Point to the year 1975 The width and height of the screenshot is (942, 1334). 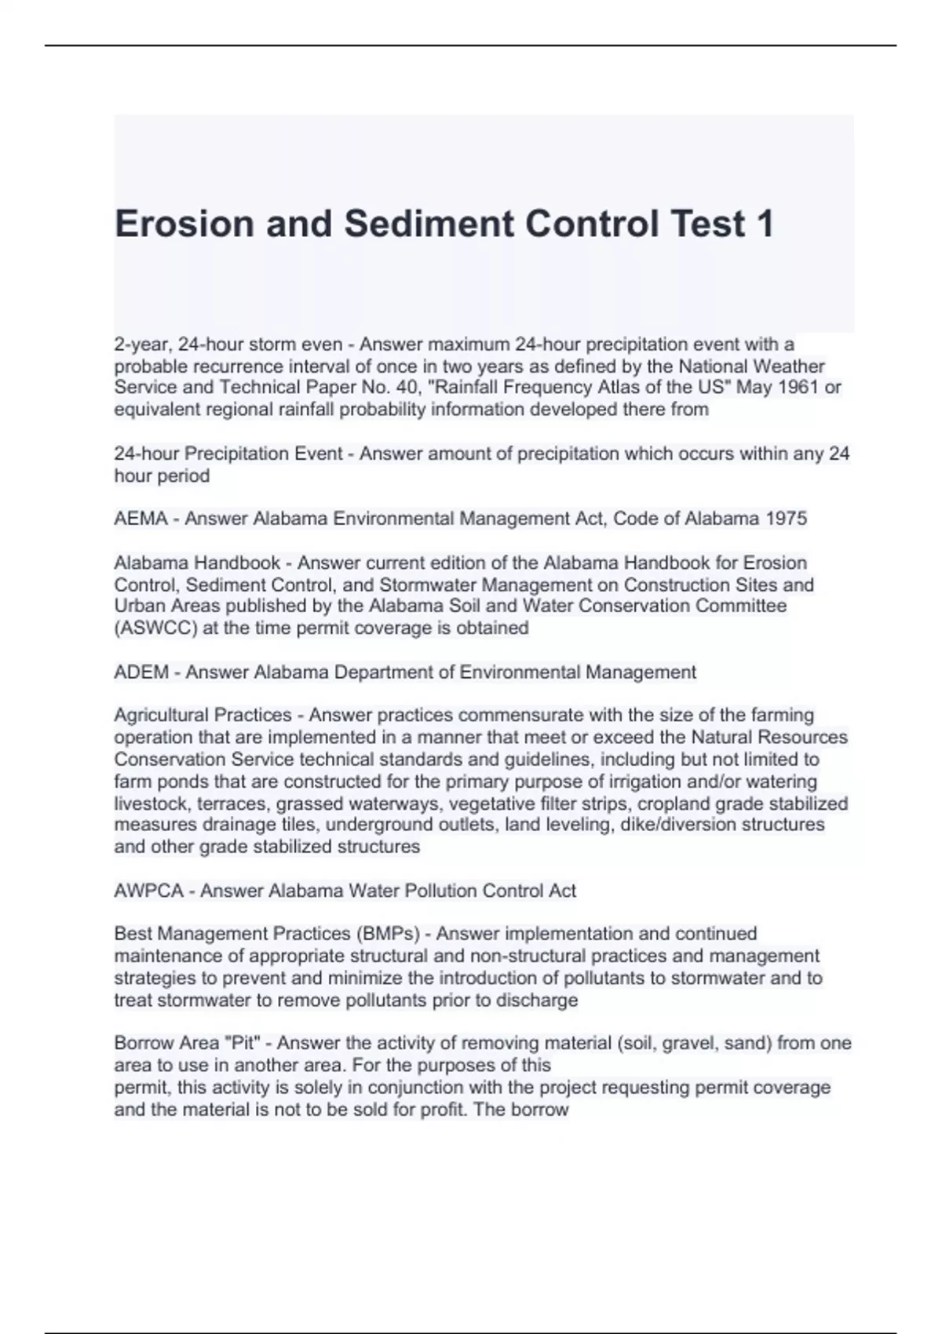click(786, 519)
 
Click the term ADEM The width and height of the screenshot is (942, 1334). click(141, 672)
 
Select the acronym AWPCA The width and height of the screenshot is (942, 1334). click(148, 891)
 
